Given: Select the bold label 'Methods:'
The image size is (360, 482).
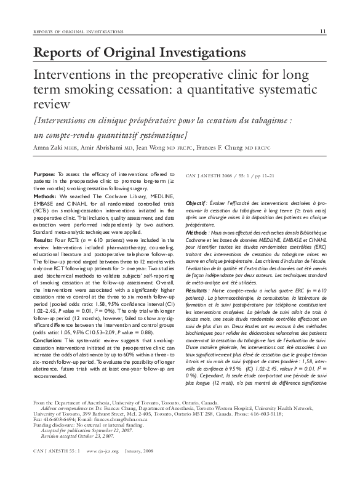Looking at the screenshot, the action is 46,196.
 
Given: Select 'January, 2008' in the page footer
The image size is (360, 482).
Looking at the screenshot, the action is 137,468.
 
